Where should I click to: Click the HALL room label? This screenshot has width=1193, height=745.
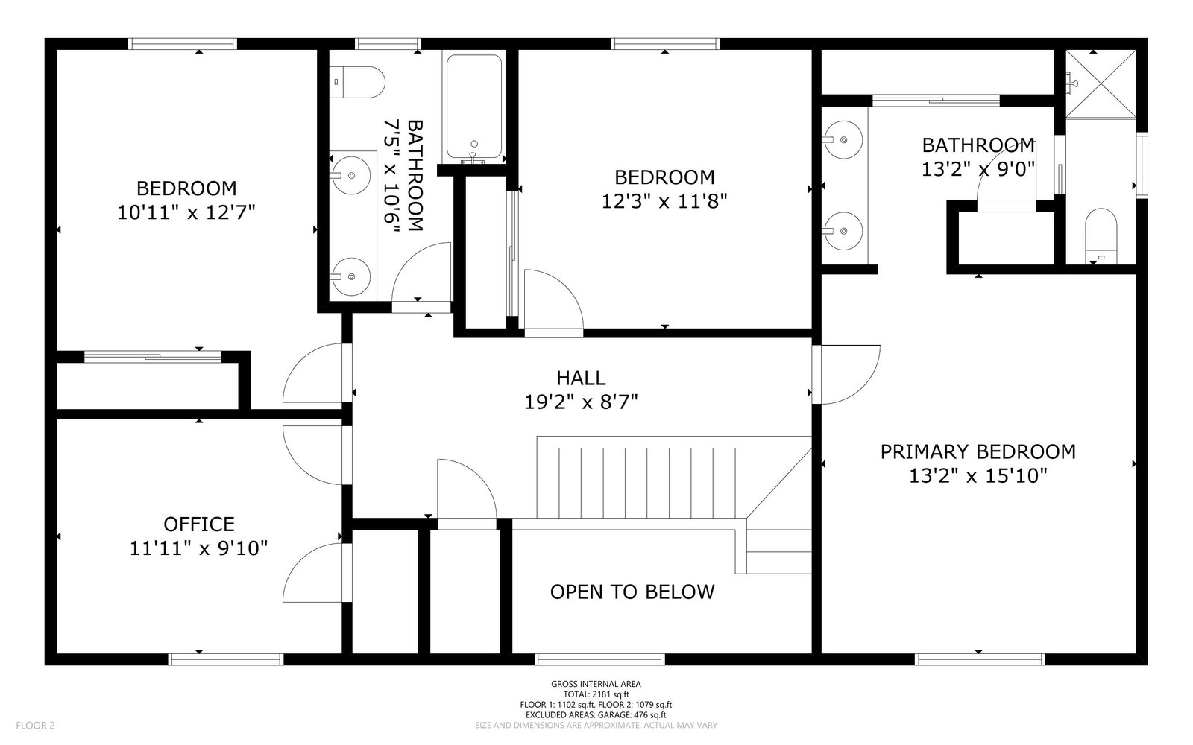[581, 378]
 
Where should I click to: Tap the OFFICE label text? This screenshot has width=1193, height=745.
[198, 524]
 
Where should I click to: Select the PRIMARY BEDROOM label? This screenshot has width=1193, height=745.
[978, 451]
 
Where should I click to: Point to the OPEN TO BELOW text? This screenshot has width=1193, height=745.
[632, 592]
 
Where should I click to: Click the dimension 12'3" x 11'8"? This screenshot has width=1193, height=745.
[664, 202]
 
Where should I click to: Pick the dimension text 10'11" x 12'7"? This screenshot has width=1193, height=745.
[186, 213]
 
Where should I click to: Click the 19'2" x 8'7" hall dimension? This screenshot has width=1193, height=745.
[581, 402]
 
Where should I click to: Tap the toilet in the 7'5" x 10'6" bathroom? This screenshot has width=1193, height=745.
[357, 82]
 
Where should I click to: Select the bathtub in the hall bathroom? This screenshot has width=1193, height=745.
[474, 109]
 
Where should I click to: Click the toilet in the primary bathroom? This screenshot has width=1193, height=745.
[1101, 235]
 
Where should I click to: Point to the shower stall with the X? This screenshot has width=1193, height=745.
[1101, 84]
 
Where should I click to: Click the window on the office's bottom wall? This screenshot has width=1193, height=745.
[226, 659]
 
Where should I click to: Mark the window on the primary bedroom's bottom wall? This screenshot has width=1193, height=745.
[980, 659]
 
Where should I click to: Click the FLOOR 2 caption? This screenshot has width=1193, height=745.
[36, 726]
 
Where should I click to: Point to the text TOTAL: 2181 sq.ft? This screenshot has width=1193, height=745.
[596, 694]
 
